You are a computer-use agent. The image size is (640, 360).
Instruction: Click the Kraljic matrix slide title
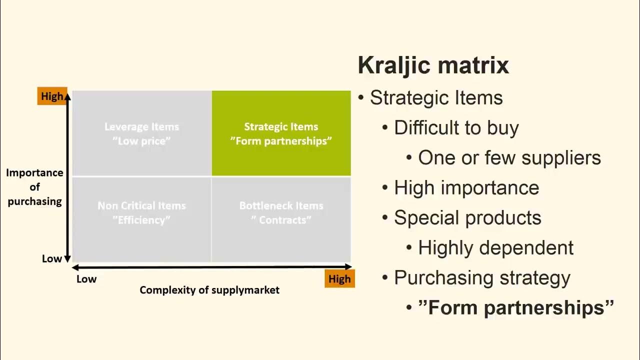[433, 65]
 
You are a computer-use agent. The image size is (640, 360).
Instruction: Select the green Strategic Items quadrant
[281, 133]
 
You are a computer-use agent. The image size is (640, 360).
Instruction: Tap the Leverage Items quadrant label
[141, 133]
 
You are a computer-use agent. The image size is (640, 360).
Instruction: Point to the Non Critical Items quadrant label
[141, 212]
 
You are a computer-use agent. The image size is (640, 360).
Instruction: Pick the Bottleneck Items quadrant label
[281, 212]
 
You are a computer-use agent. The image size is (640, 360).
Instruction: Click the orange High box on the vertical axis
[52, 96]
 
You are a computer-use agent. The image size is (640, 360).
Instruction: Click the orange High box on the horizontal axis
[339, 279]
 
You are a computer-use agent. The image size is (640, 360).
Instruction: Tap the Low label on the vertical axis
[52, 258]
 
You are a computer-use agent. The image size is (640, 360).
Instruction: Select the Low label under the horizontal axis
[86, 279]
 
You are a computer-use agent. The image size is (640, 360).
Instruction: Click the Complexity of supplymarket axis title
[209, 290]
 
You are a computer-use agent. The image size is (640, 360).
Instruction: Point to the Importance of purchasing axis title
[34, 187]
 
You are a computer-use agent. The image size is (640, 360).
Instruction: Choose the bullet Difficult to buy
[456, 127]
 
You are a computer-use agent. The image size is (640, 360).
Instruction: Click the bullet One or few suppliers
[509, 157]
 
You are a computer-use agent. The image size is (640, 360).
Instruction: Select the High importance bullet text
[466, 187]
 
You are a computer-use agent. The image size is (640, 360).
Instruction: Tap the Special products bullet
[467, 217]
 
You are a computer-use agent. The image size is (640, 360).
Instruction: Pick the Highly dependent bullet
[495, 247]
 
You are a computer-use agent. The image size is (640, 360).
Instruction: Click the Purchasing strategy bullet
[481, 277]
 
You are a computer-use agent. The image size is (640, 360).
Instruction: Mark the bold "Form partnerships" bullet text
[515, 307]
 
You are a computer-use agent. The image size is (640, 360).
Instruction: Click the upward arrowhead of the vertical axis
[67, 95]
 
